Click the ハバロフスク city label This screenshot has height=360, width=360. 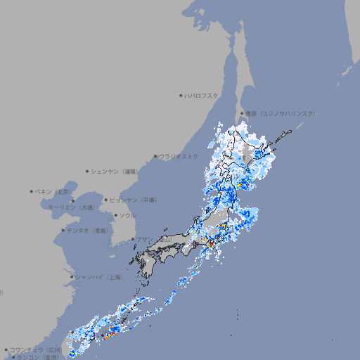(x=202, y=95)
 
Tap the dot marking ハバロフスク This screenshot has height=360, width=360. (x=181, y=95)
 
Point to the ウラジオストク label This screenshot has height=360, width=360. (x=179, y=156)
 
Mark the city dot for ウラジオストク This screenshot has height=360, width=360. (x=155, y=157)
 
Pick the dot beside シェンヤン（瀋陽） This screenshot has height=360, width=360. (x=88, y=171)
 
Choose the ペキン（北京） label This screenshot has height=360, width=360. (x=55, y=191)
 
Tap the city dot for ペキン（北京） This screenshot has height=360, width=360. (x=32, y=191)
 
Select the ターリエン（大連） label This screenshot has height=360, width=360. (x=71, y=207)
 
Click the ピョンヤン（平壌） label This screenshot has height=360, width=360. (x=134, y=200)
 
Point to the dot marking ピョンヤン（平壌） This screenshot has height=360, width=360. (x=106, y=200)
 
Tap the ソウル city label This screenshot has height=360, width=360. (x=127, y=215)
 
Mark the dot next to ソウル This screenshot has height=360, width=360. (x=115, y=215)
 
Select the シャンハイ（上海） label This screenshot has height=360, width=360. (x=99, y=277)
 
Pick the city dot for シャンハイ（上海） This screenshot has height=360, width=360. (x=71, y=277)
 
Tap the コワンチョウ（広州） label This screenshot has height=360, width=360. (x=36, y=349)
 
